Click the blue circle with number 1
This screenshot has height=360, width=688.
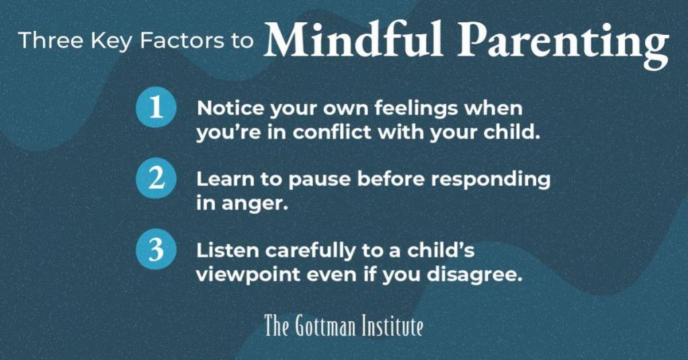pos(156,107)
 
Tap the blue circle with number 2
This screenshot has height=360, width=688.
pos(156,178)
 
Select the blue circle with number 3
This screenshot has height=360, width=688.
pos(156,249)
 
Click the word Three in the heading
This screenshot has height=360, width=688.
pos(51,40)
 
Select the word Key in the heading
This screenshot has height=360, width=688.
pos(112,42)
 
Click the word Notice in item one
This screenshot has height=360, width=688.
pos(231,108)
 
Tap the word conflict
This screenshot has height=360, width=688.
pos(332,132)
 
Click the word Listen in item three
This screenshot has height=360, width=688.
pos(227,251)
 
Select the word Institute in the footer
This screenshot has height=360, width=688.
pos(392,326)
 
